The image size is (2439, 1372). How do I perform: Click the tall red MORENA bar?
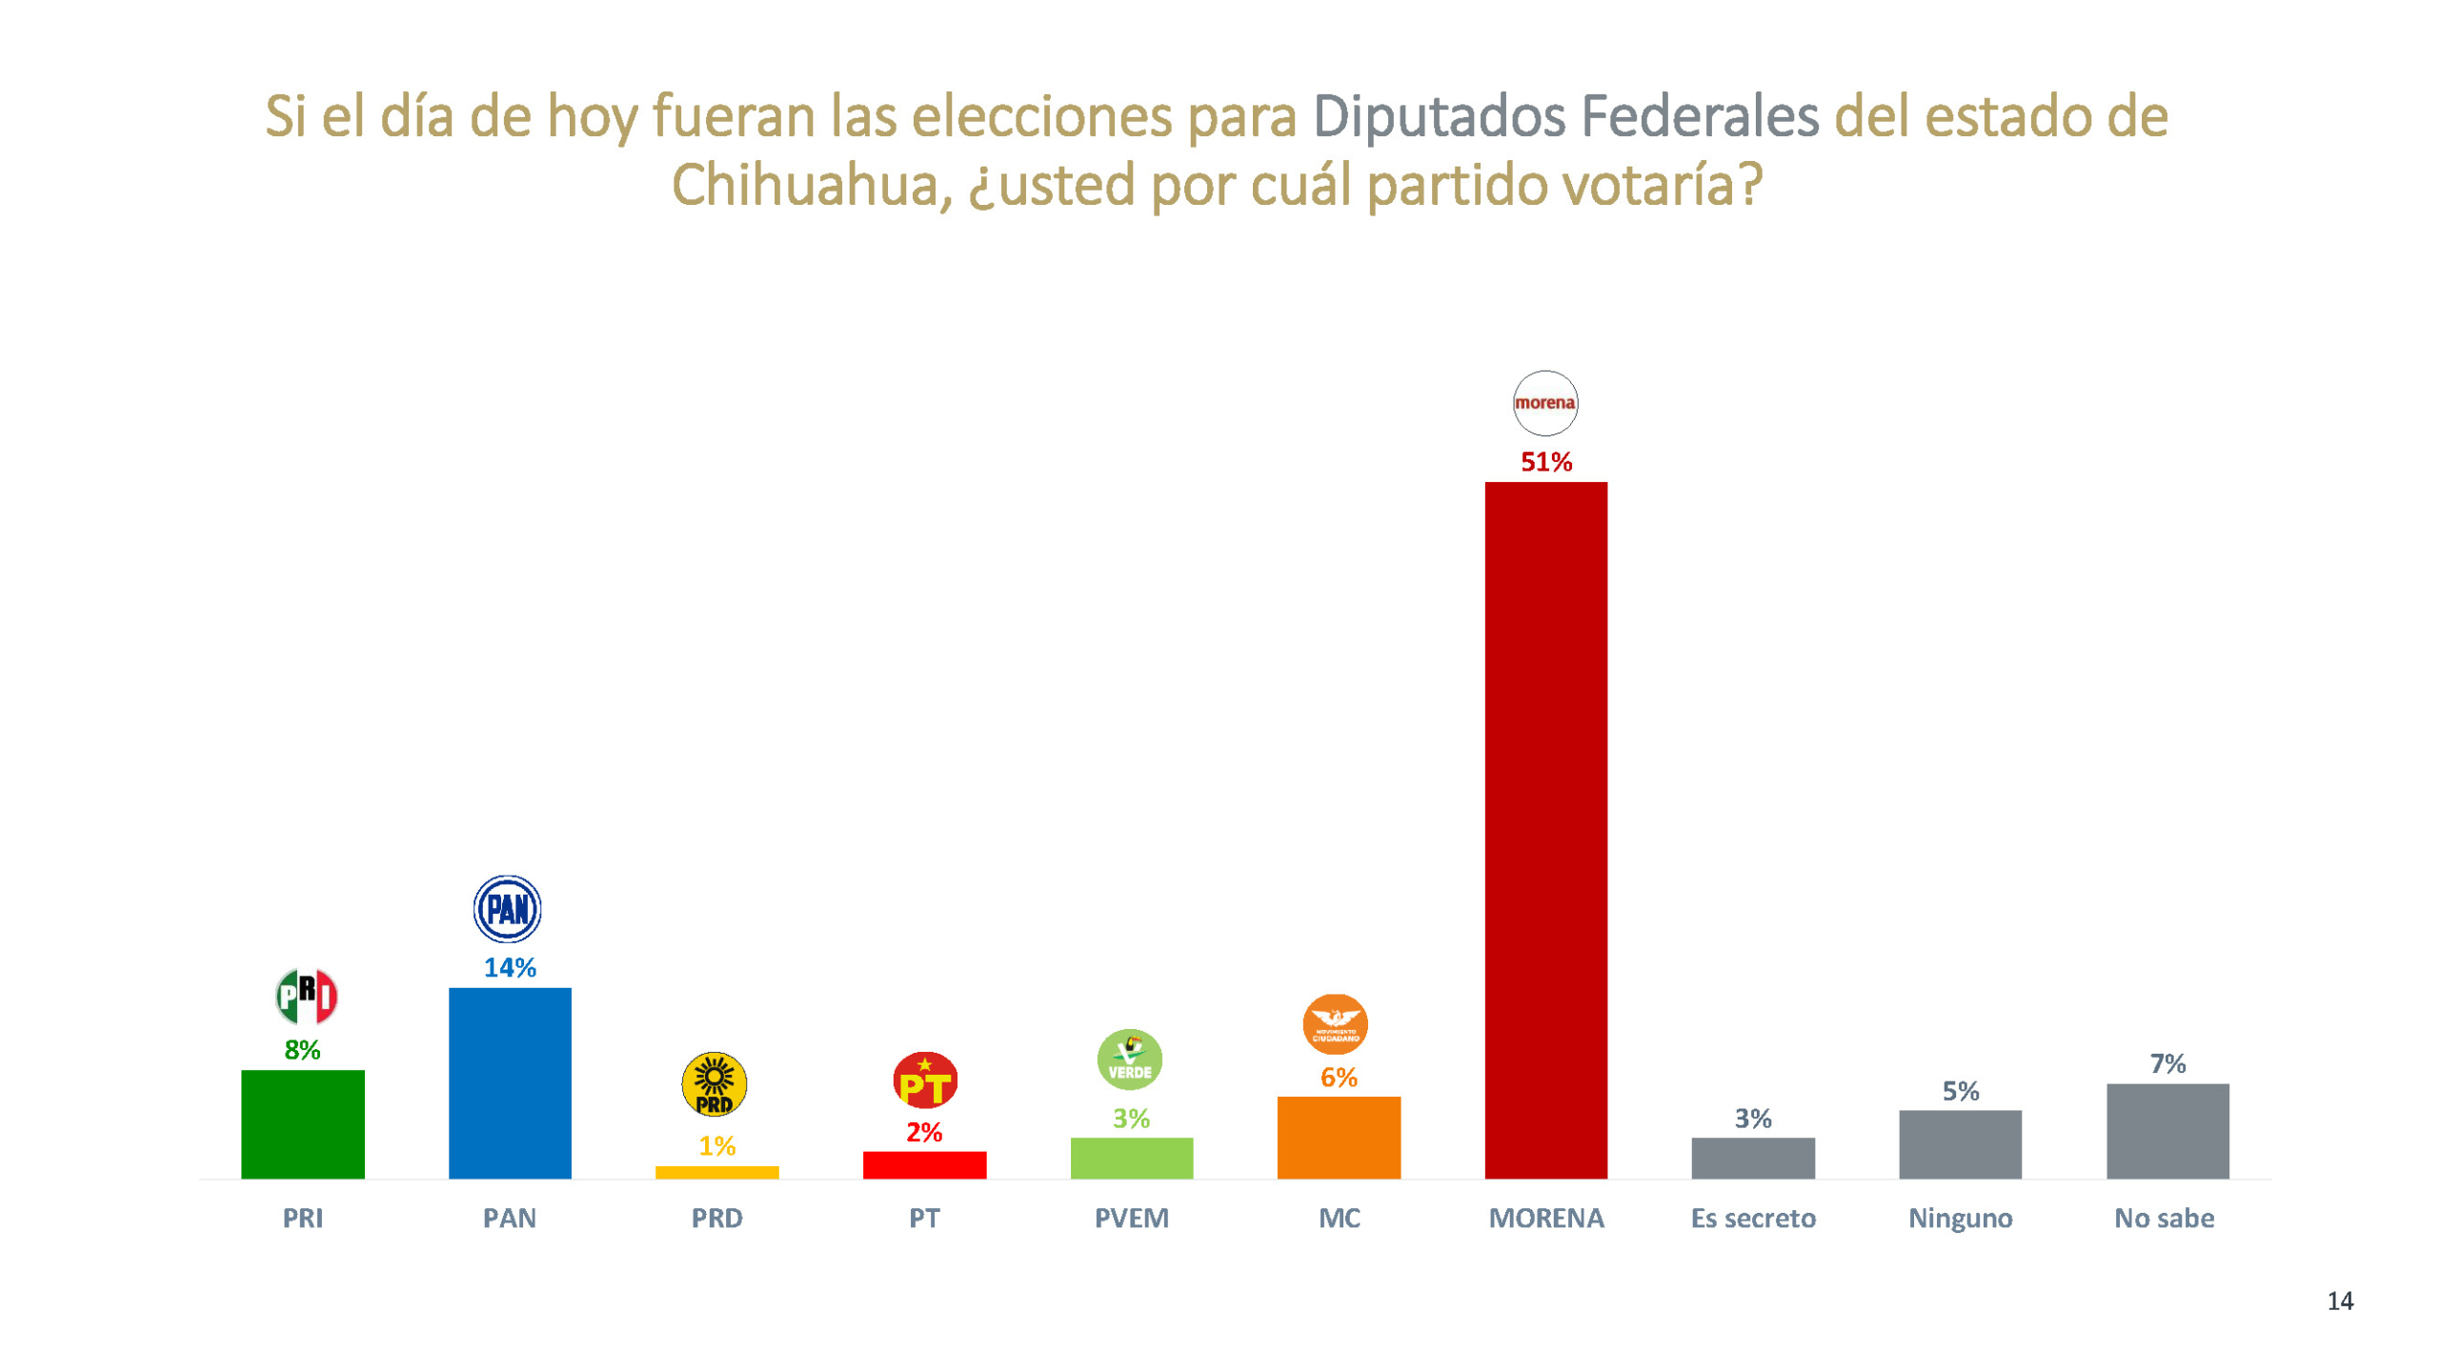1545,829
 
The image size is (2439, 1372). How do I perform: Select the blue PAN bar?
510,1082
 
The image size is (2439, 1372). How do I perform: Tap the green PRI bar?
302,1123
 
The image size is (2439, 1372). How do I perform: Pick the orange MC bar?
1338,1137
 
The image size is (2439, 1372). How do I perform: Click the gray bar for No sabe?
2167,1130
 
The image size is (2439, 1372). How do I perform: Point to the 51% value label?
1545,462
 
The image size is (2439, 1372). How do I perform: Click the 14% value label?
510,968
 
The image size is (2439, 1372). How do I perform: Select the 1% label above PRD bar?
716,1145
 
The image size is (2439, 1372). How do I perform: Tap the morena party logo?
1544,403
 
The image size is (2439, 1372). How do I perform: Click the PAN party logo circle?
508,909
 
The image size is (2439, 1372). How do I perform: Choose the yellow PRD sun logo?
714,1084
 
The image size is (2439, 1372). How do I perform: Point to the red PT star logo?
924,1080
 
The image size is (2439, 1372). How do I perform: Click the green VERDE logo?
1129,1059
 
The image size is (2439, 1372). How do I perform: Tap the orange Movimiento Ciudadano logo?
1335,1024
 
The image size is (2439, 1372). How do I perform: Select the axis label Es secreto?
1753,1218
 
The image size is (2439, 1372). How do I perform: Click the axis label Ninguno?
1960,1218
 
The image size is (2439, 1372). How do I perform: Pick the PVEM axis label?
1131,1218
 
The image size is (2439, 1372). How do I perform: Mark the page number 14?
2339,1301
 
